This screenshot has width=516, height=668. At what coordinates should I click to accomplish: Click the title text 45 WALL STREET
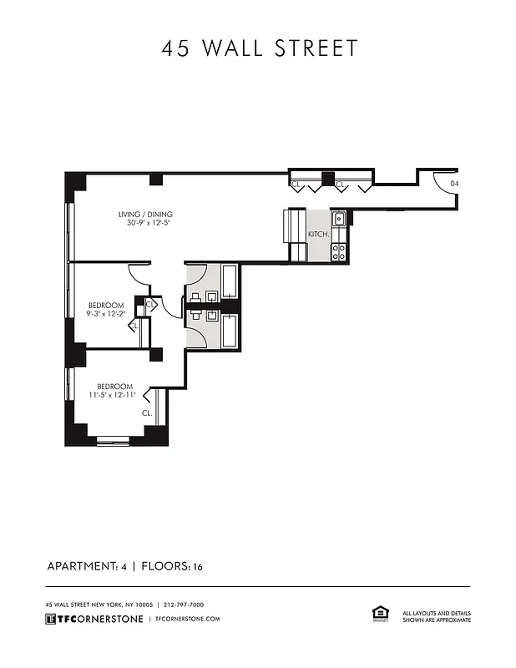(x=259, y=48)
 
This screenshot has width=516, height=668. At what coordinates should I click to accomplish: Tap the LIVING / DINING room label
(x=145, y=215)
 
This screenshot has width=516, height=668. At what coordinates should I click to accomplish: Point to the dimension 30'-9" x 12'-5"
(x=148, y=224)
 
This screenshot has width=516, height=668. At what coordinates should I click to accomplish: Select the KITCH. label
(x=318, y=235)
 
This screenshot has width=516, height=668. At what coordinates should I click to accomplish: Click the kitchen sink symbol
(x=339, y=220)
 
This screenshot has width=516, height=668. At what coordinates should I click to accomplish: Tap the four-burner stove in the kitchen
(x=339, y=251)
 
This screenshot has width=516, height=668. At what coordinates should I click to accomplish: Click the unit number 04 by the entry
(x=454, y=184)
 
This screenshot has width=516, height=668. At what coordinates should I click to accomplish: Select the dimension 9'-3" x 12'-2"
(x=106, y=315)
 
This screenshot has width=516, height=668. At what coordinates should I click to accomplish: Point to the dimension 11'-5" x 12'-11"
(x=114, y=395)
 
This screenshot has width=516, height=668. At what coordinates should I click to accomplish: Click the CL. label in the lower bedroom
(x=146, y=413)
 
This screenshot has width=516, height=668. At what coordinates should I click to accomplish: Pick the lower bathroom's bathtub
(x=229, y=331)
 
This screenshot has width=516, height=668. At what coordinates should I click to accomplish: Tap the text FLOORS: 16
(x=172, y=567)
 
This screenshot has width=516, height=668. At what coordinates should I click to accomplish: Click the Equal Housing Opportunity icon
(x=377, y=614)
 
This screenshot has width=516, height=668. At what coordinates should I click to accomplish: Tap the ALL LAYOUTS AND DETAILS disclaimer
(x=437, y=616)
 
